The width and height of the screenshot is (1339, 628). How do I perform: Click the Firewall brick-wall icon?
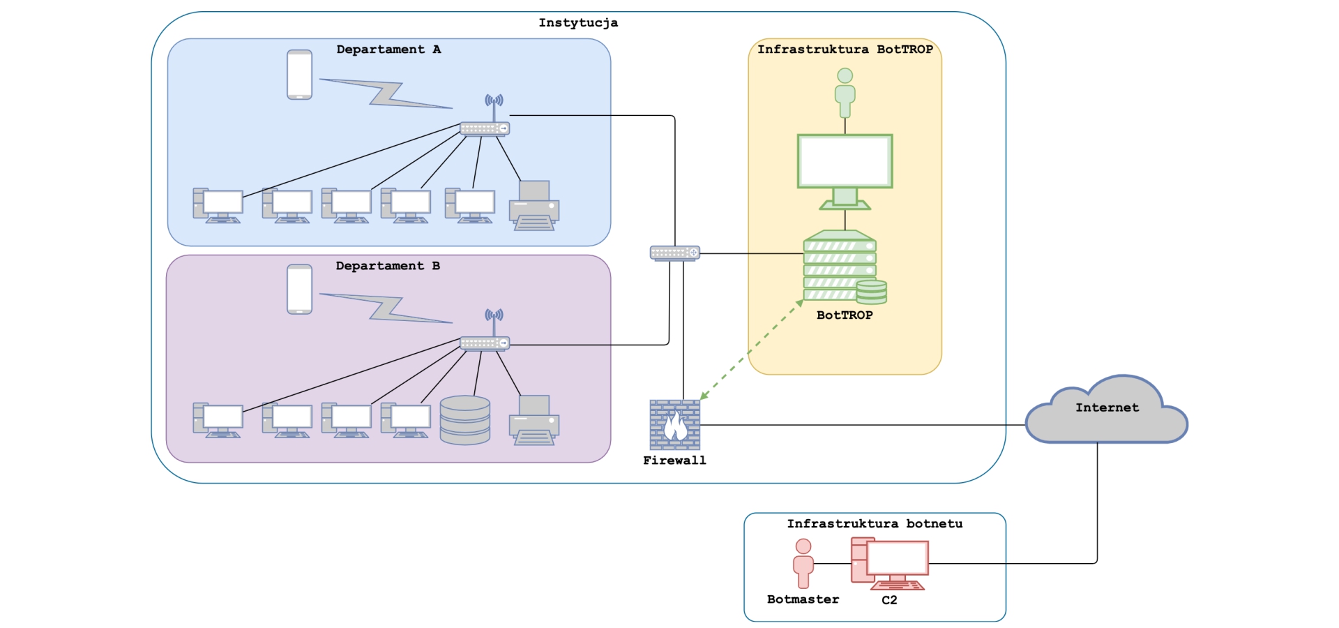tap(674, 424)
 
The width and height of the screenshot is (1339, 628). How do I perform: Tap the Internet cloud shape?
tap(1106, 412)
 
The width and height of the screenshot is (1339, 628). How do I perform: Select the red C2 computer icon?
tap(890, 563)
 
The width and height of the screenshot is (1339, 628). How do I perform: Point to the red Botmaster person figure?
tap(803, 563)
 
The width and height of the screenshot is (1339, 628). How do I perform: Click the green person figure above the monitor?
tap(845, 92)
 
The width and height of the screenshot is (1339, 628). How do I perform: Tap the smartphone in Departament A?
tap(299, 75)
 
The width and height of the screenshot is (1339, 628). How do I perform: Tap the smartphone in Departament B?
tap(299, 289)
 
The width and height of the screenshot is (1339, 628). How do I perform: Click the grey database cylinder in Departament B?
tap(465, 420)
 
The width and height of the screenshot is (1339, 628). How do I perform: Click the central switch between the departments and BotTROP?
tap(674, 253)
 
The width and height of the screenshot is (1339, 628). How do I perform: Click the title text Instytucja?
tap(578, 23)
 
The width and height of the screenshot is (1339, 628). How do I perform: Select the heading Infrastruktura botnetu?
tap(875, 523)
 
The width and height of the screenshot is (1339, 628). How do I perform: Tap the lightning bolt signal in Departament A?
tap(386, 94)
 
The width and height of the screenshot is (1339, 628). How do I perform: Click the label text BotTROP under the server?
tap(845, 315)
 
